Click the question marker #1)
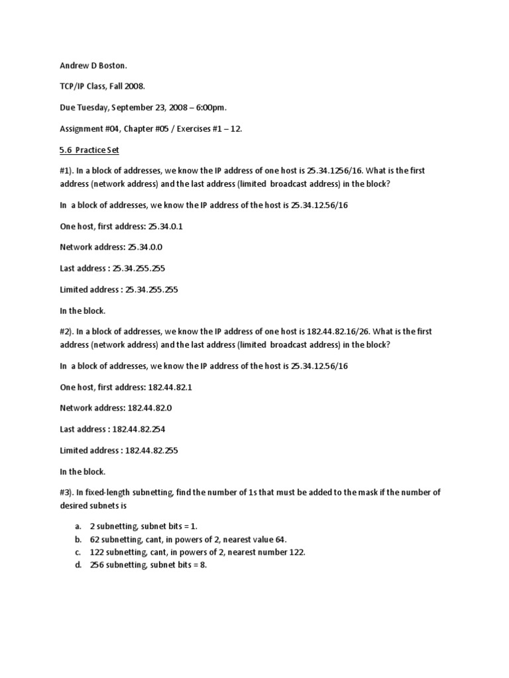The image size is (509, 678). coord(68,170)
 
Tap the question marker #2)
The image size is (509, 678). coord(68,331)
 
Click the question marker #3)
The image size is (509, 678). coord(68,492)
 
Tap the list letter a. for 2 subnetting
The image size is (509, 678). coord(79,526)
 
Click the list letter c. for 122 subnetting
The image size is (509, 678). coord(79,552)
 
